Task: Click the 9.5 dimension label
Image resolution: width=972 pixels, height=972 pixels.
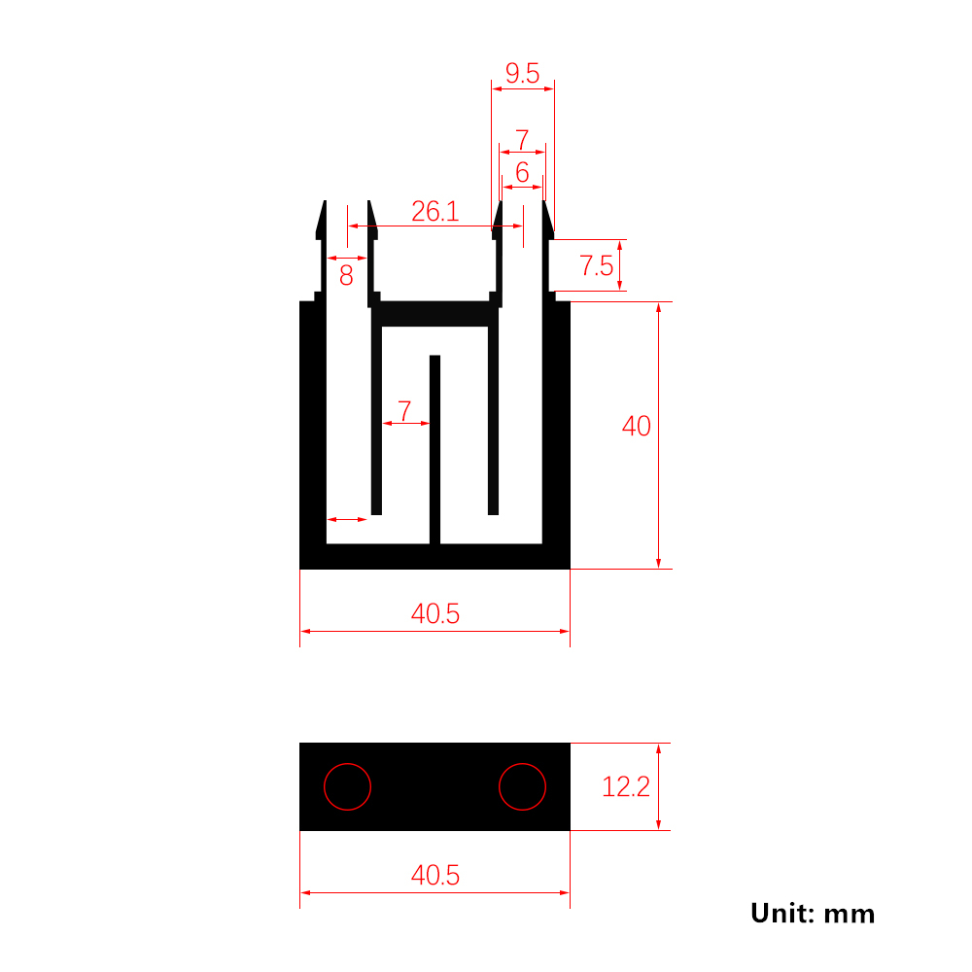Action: pyautogui.click(x=522, y=73)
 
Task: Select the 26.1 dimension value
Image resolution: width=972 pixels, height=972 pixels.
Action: pyautogui.click(x=435, y=211)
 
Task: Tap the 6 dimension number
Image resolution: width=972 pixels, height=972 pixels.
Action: pyautogui.click(x=522, y=172)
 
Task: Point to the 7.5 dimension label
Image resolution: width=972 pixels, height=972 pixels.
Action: pyautogui.click(x=597, y=266)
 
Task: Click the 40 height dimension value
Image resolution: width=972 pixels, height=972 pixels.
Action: pyautogui.click(x=636, y=426)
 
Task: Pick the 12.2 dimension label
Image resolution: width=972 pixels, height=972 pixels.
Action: pyautogui.click(x=625, y=786)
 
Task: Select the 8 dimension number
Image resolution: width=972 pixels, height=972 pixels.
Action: pyautogui.click(x=346, y=275)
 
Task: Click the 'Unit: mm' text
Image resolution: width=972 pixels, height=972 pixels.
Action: pyautogui.click(x=812, y=914)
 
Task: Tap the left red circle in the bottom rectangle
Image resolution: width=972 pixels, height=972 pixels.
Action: pyautogui.click(x=325, y=786)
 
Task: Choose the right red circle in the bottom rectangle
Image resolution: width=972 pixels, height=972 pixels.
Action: pyautogui.click(x=499, y=786)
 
